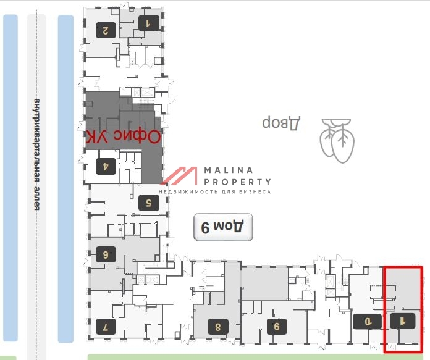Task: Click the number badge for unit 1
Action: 148,24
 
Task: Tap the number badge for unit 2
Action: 106,30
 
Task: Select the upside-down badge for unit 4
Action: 106,166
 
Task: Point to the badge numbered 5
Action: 148,203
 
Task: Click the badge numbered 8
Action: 218,325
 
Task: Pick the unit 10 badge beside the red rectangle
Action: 363,321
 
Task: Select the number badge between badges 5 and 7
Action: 106,254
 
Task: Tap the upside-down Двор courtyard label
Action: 281,122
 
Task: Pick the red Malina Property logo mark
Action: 179,176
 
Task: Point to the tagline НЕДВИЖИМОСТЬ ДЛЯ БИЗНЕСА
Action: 214,192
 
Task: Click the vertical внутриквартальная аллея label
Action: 36,154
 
